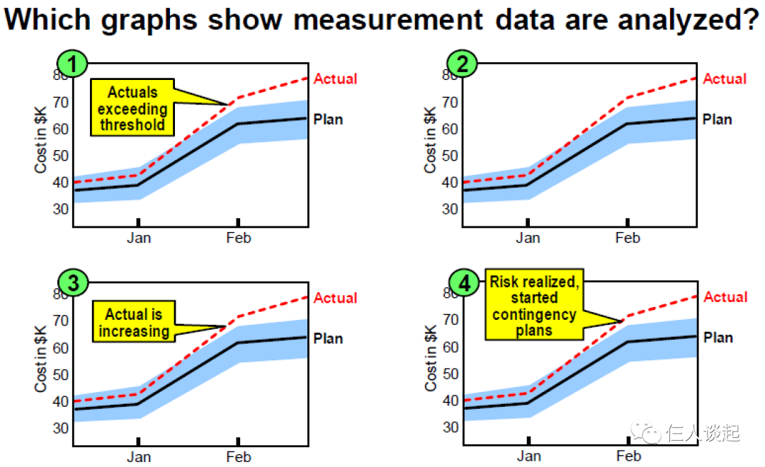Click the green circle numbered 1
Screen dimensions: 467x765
click(72, 64)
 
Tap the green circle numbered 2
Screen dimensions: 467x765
click(463, 64)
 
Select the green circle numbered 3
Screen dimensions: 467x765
click(72, 283)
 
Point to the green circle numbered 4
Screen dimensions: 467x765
click(464, 284)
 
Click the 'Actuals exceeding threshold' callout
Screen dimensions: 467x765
click(132, 108)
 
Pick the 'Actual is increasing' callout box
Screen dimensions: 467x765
click(134, 322)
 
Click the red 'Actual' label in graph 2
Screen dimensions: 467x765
click(724, 79)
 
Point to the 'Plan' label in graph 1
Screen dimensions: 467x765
click(328, 119)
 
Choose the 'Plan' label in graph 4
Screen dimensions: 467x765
click(718, 338)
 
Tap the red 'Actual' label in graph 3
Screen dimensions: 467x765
click(335, 298)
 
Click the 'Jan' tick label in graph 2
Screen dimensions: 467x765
click(528, 238)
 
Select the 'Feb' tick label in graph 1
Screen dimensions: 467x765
click(239, 238)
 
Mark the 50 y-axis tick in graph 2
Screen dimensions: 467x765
click(450, 156)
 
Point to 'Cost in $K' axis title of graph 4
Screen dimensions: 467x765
click(431, 358)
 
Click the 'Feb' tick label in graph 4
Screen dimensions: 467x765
click(628, 456)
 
